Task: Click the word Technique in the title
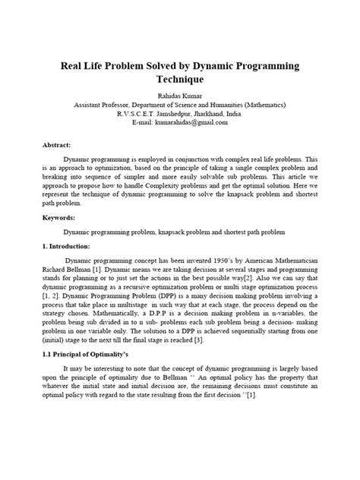click(179, 78)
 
